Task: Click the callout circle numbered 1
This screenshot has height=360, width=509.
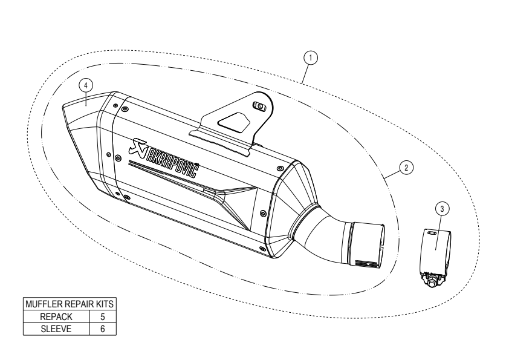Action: [311, 58]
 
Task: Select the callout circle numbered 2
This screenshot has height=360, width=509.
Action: [406, 168]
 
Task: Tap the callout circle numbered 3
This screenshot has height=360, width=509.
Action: [442, 209]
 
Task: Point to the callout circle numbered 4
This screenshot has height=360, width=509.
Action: [86, 85]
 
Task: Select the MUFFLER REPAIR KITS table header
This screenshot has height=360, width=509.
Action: [70, 304]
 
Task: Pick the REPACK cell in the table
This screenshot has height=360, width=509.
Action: [56, 316]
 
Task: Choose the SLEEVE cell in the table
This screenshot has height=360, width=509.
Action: [56, 329]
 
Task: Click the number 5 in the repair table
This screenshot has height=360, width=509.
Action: [103, 316]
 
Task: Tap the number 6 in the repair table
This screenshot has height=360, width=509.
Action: [103, 329]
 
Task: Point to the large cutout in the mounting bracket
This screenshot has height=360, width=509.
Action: [235, 122]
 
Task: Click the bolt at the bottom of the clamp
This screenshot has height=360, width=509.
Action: [432, 282]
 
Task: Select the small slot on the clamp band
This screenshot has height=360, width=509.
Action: [432, 233]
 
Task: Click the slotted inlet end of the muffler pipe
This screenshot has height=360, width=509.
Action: [367, 245]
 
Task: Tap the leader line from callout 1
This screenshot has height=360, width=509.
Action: [305, 74]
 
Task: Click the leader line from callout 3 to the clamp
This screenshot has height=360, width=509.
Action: [438, 232]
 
